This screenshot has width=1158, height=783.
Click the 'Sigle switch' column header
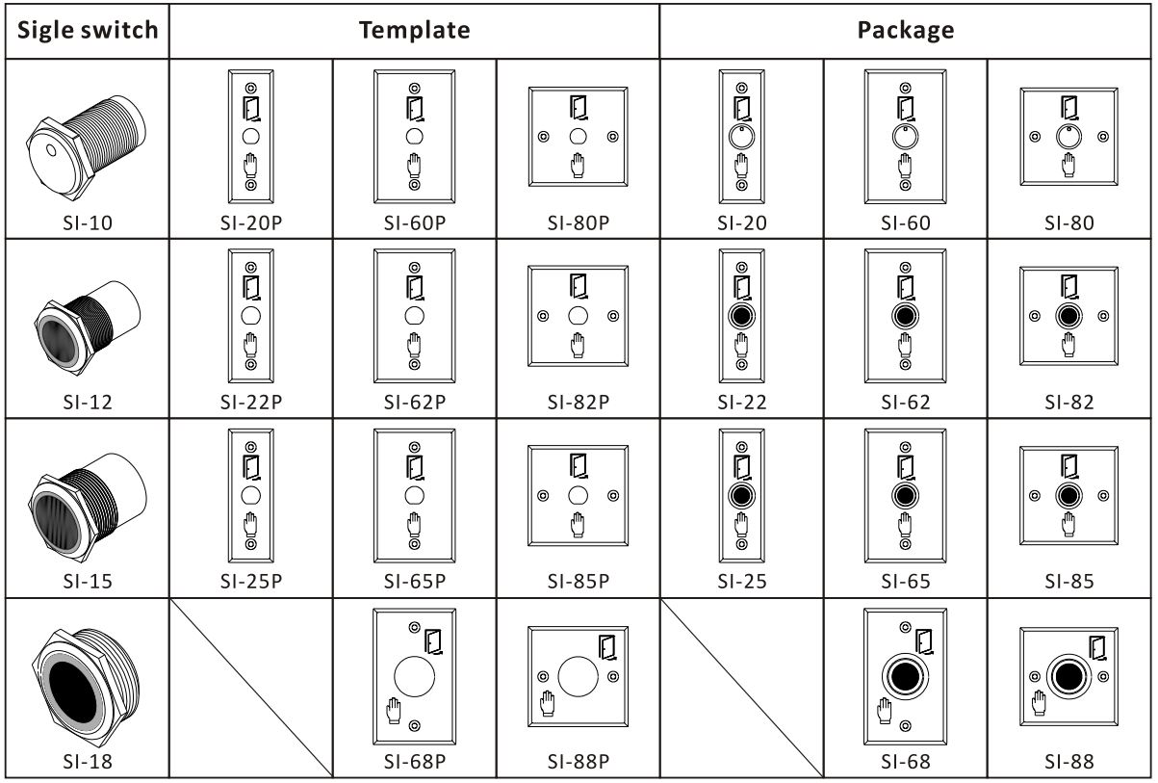(x=89, y=30)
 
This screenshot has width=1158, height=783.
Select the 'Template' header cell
(x=414, y=30)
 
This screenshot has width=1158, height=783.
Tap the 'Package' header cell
(x=906, y=30)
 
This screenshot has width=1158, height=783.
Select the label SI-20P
(x=251, y=223)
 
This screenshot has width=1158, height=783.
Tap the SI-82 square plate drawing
(x=1068, y=316)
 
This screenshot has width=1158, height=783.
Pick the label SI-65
(x=906, y=582)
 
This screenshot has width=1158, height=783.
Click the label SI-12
(x=89, y=403)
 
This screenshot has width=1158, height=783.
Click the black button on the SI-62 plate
(x=905, y=316)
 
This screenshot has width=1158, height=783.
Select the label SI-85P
(x=578, y=582)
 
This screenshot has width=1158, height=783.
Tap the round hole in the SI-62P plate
(x=414, y=316)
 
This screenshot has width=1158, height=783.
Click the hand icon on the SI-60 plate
(x=906, y=166)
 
